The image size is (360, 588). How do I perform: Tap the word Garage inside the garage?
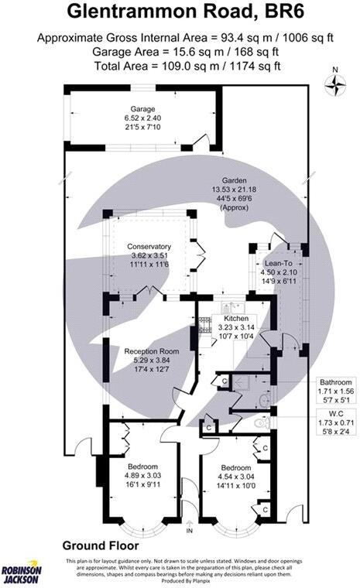point(142,109)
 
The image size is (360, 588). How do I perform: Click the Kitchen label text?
point(235,318)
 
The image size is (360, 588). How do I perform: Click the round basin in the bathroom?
point(266,402)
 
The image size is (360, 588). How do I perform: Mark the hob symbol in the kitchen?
point(205,331)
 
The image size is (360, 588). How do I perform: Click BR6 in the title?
point(286,13)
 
